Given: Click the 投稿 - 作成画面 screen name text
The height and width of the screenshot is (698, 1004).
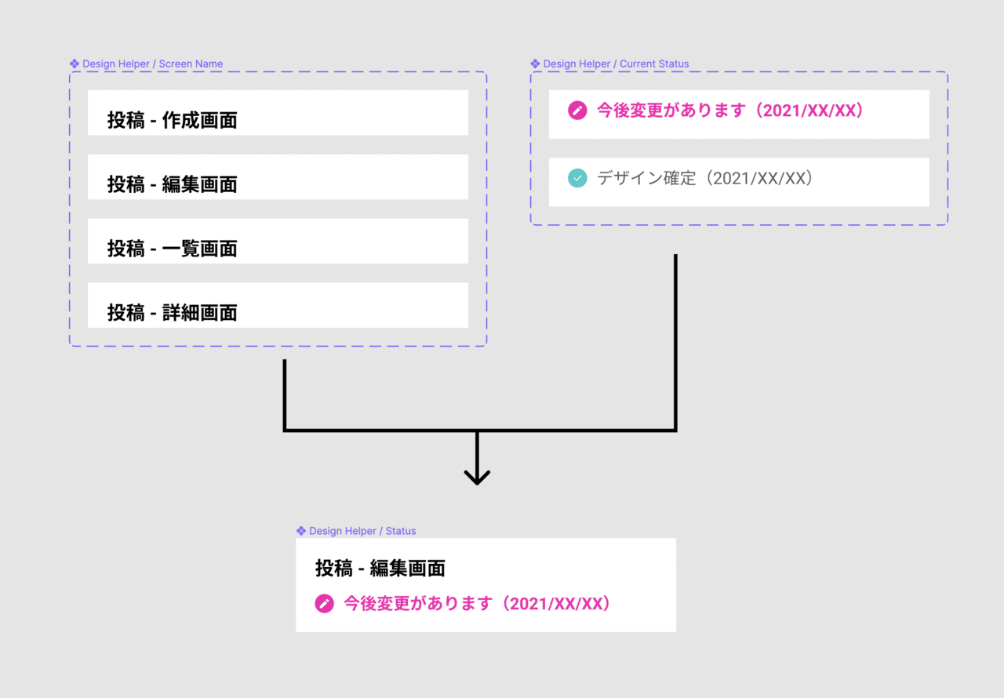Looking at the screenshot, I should [173, 120].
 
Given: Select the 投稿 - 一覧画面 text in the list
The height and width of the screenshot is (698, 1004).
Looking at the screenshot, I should [173, 249].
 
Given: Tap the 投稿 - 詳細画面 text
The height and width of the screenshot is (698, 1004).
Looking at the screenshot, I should [173, 313].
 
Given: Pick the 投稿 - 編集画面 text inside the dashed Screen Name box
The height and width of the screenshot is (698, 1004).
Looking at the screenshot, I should [173, 184].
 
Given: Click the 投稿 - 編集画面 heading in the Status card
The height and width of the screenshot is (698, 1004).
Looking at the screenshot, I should [380, 568].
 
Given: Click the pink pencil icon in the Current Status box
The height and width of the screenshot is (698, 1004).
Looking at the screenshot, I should [577, 111].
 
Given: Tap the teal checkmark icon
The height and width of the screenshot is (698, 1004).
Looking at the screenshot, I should [577, 179].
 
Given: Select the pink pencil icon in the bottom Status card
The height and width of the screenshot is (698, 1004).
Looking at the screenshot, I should [324, 604].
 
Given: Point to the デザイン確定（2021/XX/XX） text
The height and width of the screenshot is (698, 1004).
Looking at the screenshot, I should [705, 178].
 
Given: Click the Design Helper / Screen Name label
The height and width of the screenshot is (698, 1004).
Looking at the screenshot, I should [152, 64].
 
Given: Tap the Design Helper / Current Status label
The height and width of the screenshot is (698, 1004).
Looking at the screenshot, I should [616, 64].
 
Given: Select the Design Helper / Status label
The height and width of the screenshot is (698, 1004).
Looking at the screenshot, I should [362, 531].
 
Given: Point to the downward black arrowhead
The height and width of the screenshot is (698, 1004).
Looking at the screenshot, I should [477, 476].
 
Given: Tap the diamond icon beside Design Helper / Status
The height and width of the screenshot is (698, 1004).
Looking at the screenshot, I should [301, 531].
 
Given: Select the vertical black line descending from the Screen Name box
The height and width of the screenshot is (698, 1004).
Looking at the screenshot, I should [284, 392].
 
